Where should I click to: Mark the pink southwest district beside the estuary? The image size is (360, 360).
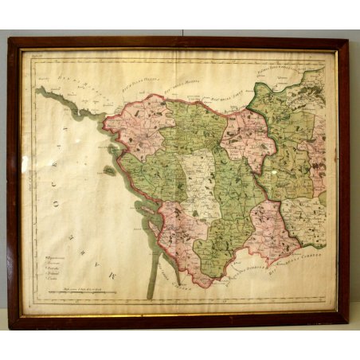(177, 231)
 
